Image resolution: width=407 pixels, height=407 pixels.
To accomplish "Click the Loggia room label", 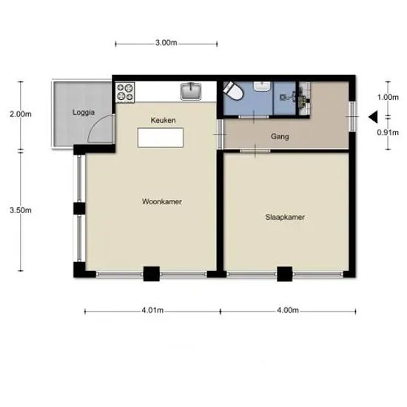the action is [x=84, y=112].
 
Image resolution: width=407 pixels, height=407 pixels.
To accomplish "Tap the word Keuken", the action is [x=163, y=120].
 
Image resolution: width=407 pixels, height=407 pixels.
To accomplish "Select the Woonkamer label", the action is [x=162, y=202].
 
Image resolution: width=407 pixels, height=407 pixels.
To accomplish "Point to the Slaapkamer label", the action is [x=285, y=217].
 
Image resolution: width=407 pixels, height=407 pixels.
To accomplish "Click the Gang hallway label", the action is [x=280, y=137].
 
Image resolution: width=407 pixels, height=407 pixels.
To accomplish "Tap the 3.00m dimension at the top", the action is [x=166, y=43].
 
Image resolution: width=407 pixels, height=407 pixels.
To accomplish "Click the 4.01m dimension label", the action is [x=152, y=310].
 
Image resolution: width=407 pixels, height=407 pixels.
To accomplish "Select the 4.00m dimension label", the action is [x=288, y=310].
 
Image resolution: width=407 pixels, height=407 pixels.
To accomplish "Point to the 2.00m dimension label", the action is [x=21, y=114].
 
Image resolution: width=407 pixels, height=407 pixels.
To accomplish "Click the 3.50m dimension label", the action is [x=21, y=210].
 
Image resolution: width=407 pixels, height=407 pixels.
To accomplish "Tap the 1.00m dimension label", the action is [x=388, y=97].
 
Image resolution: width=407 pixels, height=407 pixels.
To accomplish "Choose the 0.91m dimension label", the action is [x=388, y=132].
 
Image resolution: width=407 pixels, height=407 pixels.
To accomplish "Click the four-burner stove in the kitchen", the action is [x=125, y=92].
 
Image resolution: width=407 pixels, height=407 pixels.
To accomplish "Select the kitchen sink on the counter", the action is [x=191, y=91].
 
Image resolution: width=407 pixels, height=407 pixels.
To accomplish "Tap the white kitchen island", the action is [x=161, y=138].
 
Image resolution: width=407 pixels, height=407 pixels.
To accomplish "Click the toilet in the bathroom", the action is [x=233, y=91].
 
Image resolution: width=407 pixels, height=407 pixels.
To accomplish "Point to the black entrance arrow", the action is [x=373, y=117].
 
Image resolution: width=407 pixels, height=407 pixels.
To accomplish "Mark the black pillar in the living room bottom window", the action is [x=152, y=274].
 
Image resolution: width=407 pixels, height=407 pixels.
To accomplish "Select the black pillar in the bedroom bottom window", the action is [x=285, y=274].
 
